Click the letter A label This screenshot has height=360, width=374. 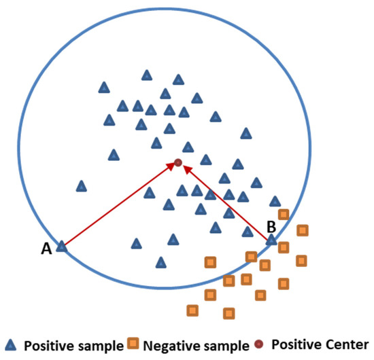[x=46, y=250]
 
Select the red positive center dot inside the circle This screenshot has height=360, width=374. [x=177, y=162]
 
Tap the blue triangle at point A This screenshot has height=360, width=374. [x=62, y=246]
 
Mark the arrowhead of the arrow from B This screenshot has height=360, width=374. [x=186, y=168]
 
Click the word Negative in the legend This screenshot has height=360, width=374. [x=169, y=344]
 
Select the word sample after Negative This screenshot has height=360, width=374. [x=225, y=344]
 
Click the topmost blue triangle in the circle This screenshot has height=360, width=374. [x=147, y=75]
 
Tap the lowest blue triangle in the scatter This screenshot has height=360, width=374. [x=161, y=262]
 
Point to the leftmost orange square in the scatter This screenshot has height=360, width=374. [x=192, y=310]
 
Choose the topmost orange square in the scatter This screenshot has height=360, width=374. [x=284, y=215]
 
